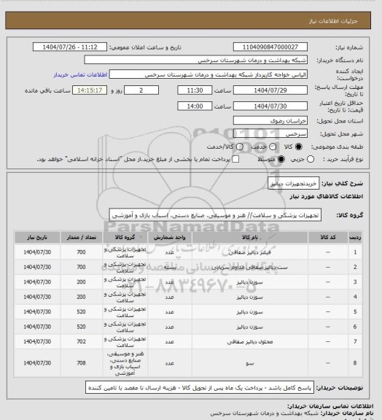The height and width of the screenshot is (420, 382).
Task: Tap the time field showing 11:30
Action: pyautogui.click(x=195, y=90)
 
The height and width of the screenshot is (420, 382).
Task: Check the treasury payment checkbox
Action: pyautogui.click(x=235, y=158)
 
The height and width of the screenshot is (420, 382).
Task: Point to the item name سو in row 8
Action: pyautogui.click(x=250, y=362)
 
